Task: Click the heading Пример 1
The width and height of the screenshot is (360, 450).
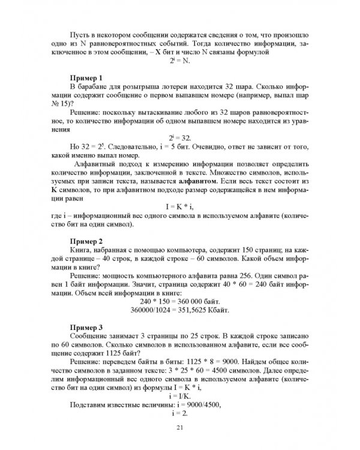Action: point(88,79)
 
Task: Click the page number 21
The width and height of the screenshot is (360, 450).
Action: point(179,427)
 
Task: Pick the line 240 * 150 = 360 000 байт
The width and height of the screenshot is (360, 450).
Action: point(179,301)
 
